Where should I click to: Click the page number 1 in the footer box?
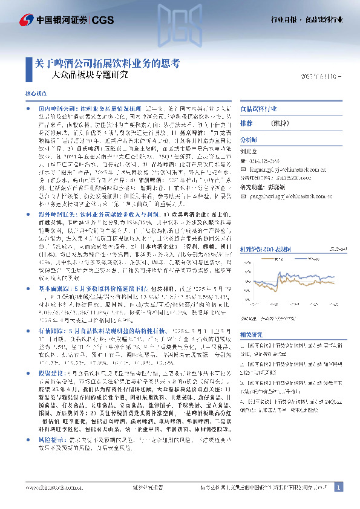(x=339, y=487)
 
